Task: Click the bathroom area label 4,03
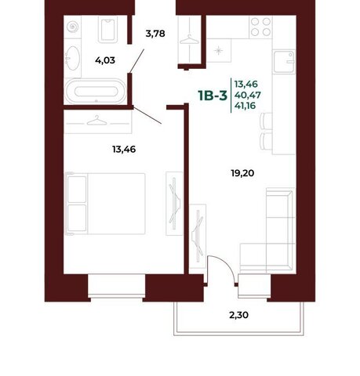105,60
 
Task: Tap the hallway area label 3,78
155,34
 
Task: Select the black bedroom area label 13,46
124,150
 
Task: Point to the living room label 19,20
242,173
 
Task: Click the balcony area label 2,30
239,315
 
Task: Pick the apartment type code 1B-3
213,96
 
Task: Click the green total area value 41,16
245,106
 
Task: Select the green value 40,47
248,95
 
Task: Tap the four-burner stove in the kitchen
260,27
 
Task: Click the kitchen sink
284,62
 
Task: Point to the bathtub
96,92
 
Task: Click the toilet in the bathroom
107,30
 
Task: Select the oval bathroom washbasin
72,58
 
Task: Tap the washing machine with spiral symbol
73,27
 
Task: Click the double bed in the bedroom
106,204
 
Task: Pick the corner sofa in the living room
268,230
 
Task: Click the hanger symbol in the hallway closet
189,39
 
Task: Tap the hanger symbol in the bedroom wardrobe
96,121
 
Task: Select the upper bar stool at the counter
266,121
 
